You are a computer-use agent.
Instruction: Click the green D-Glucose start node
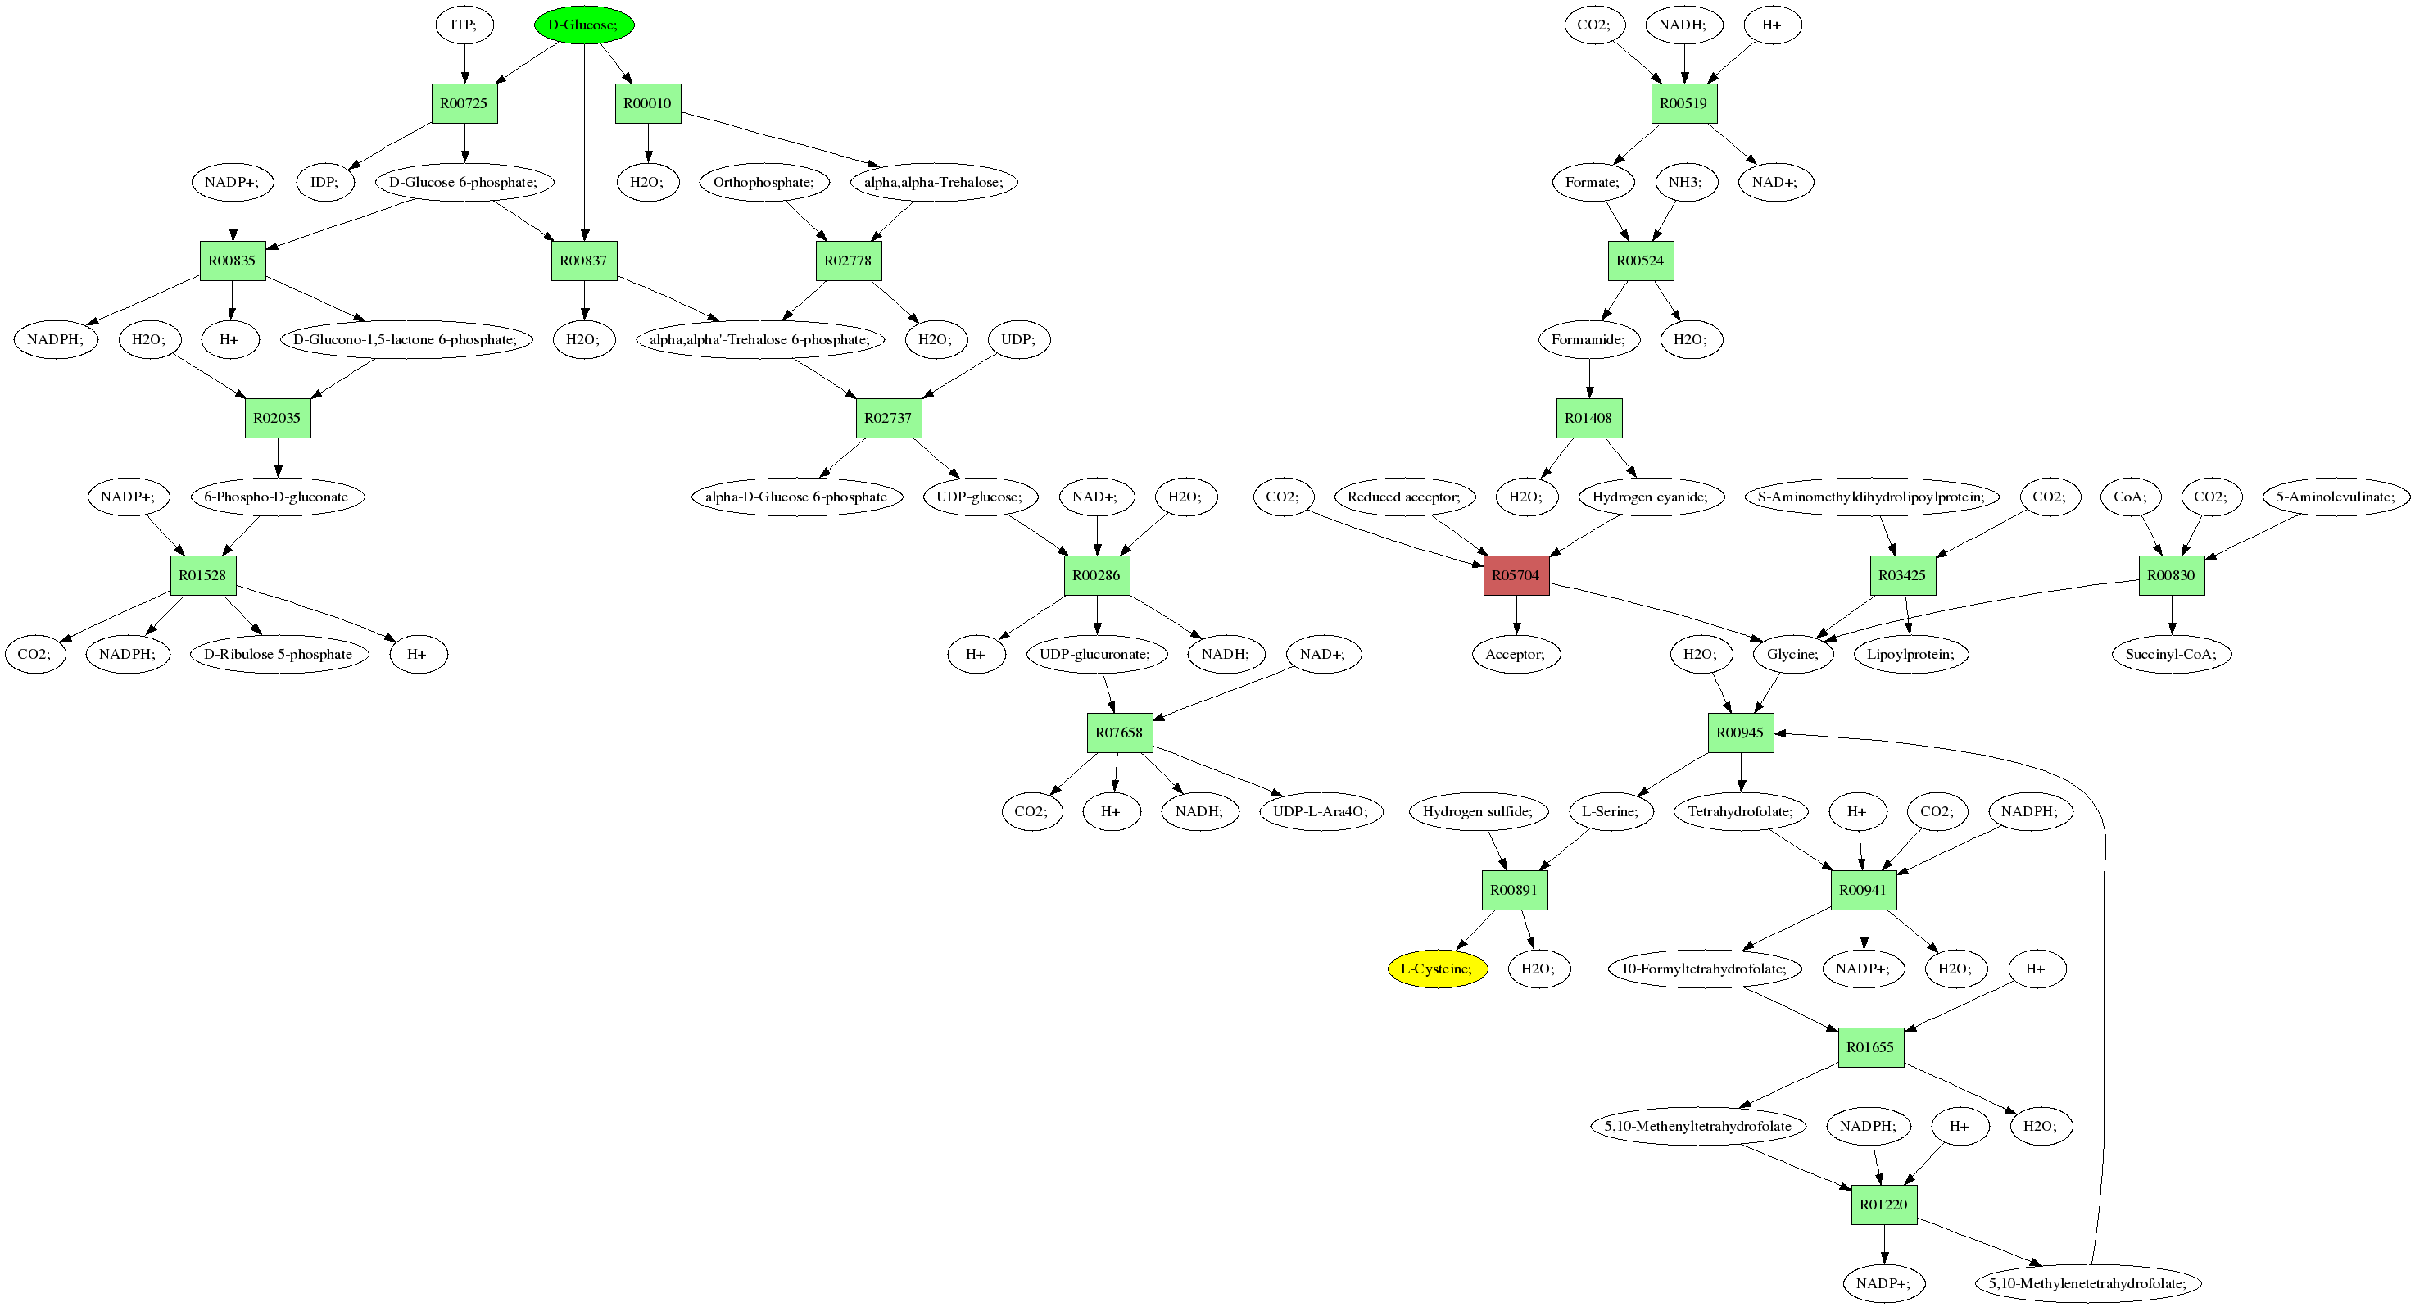(584, 25)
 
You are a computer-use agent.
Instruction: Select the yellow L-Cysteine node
(1436, 969)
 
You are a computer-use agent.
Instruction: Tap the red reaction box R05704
(1516, 574)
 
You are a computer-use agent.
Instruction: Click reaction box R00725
(464, 103)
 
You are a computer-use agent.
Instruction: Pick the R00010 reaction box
(648, 103)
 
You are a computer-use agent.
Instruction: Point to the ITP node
(464, 25)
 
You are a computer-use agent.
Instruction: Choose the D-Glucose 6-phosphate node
(464, 182)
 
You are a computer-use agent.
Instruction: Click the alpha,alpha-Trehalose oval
(934, 182)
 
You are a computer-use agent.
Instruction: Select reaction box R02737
(888, 417)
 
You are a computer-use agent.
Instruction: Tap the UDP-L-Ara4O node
(1321, 811)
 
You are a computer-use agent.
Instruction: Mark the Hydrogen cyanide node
(1650, 496)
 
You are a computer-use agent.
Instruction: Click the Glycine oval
(1792, 654)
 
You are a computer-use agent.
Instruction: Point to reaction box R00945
(1740, 733)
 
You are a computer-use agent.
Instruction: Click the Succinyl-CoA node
(2171, 654)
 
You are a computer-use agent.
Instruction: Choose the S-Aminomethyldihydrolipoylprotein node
(1871, 496)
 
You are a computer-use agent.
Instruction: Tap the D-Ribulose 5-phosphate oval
(279, 654)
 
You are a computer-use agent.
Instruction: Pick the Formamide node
(1588, 338)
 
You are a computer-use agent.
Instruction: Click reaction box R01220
(1883, 1204)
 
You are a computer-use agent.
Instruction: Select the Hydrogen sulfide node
(1478, 811)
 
